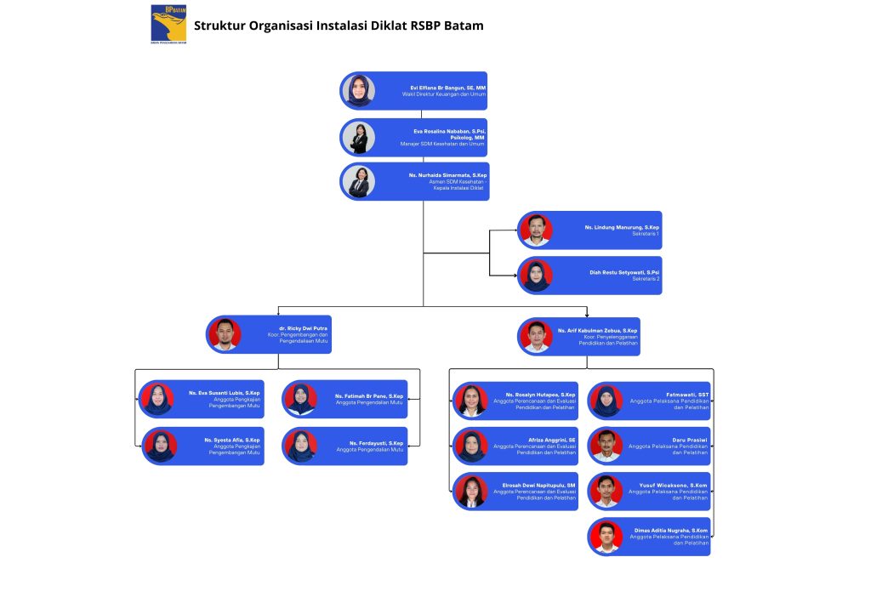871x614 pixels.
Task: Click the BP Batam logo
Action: [x=168, y=23]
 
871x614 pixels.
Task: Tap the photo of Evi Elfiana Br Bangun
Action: [x=358, y=90]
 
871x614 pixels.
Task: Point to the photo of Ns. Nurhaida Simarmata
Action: [x=358, y=181]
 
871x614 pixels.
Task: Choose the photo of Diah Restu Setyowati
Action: [x=536, y=276]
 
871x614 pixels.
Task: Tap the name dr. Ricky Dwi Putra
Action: [x=304, y=328]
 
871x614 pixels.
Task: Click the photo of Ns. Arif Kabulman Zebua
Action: [x=536, y=336]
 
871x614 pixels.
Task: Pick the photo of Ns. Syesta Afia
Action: [x=159, y=446]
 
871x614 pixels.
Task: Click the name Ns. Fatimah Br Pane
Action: [x=369, y=395]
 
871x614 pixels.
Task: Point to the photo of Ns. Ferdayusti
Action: [x=299, y=446]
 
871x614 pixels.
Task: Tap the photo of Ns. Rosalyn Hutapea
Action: [x=470, y=401]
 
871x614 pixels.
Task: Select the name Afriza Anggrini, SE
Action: [x=552, y=440]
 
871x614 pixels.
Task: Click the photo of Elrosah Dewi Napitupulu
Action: [x=470, y=492]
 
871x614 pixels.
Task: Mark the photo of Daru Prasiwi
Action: [x=606, y=446]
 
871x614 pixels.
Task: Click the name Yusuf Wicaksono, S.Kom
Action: [x=673, y=485]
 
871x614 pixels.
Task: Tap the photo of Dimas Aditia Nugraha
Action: [x=606, y=537]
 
